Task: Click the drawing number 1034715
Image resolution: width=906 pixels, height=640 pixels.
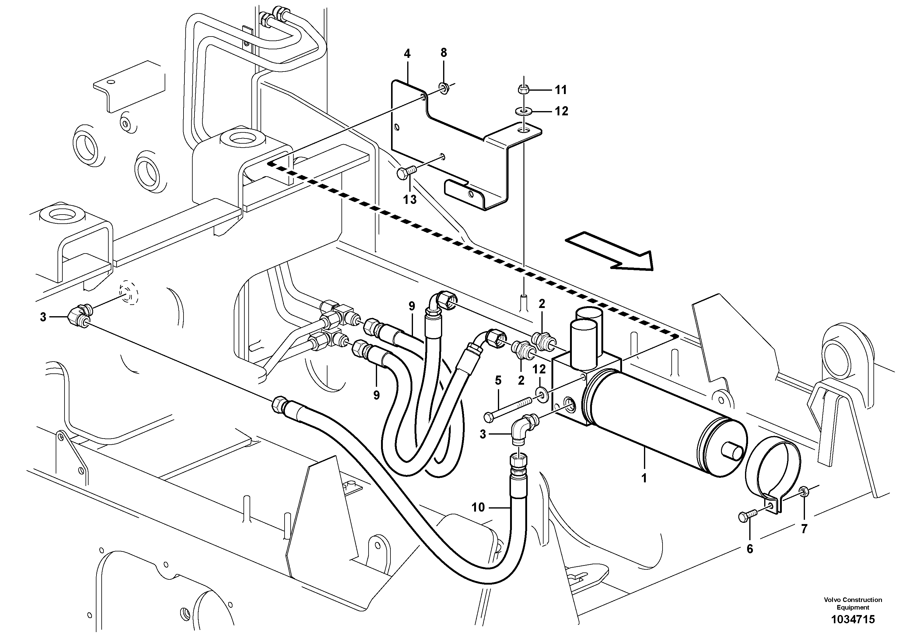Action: pos(853,619)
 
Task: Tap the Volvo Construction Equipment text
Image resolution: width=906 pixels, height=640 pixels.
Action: pos(853,603)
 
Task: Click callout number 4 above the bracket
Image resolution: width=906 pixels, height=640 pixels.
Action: pos(407,54)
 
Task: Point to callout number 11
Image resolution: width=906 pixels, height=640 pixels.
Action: pos(560,90)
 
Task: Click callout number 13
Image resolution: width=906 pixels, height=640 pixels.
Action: pos(410,200)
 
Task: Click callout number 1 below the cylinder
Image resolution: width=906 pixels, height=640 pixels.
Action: pos(644,478)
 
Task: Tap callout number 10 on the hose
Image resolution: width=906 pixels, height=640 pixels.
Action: pos(478,507)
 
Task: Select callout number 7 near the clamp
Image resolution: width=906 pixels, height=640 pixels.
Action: pos(804,529)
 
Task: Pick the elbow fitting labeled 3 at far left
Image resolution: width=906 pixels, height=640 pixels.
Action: pos(80,318)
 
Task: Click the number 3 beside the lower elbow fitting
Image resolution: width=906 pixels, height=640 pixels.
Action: pos(483,434)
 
